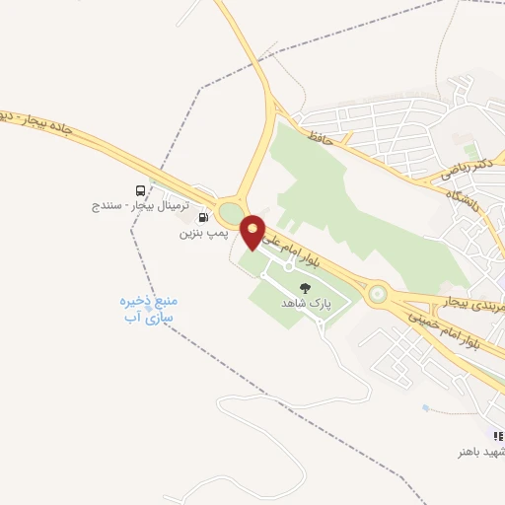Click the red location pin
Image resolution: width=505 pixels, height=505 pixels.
point(253,231)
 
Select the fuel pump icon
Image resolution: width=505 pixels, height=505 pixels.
point(204,217)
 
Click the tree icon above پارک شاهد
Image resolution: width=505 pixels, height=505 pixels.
point(305,289)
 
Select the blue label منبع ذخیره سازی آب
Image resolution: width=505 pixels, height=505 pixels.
point(145,310)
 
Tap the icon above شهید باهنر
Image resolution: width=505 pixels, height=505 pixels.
point(498,435)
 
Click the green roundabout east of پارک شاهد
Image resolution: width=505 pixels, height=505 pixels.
point(376,293)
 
